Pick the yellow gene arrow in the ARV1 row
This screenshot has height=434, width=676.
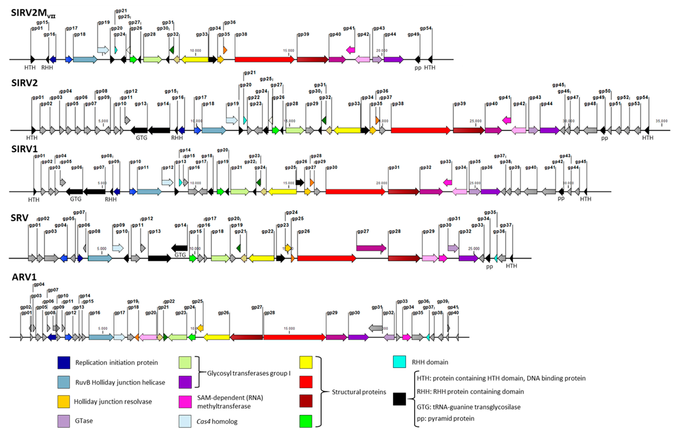[x=217, y=337]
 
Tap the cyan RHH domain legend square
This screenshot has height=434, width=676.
[x=399, y=362]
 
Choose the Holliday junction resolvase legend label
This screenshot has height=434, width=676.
[x=113, y=402]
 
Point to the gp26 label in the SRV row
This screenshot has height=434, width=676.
[x=304, y=231]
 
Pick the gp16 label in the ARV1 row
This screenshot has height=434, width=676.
[x=95, y=313]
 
